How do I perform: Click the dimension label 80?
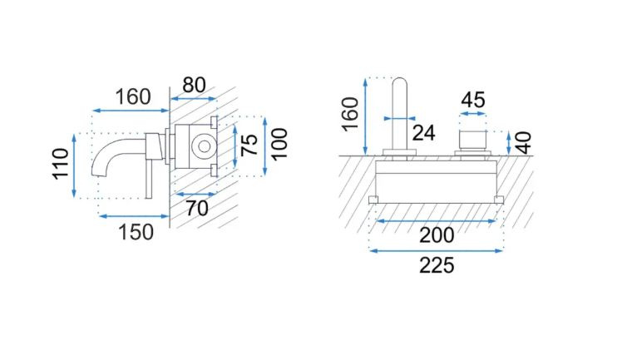point(194,85)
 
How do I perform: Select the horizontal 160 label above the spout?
point(133,96)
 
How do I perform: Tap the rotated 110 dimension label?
point(61,164)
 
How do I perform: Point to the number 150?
point(136,232)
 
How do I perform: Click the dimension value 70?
point(197,208)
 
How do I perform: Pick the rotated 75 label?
point(249,145)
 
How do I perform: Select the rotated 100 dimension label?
point(279,144)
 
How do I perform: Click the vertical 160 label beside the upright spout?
point(350,114)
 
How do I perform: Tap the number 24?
point(424,132)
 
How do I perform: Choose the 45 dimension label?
point(473,100)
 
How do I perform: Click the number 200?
point(437,235)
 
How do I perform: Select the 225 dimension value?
point(437,265)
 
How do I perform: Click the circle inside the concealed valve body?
point(205,146)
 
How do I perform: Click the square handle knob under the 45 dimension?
point(472,141)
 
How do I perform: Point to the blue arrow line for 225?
point(437,250)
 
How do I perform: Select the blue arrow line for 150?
point(134,216)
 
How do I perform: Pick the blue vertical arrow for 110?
point(74,165)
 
